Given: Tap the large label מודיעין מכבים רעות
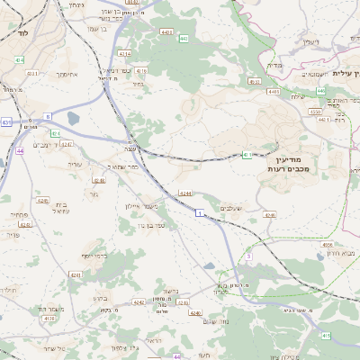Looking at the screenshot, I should tap(289, 164).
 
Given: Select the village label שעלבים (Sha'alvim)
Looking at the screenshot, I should tap(232, 206).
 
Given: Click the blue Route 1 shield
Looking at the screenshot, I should tap(199, 213).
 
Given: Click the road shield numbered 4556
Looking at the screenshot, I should tap(328, 243).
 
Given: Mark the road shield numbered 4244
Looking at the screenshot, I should tap(185, 193).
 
